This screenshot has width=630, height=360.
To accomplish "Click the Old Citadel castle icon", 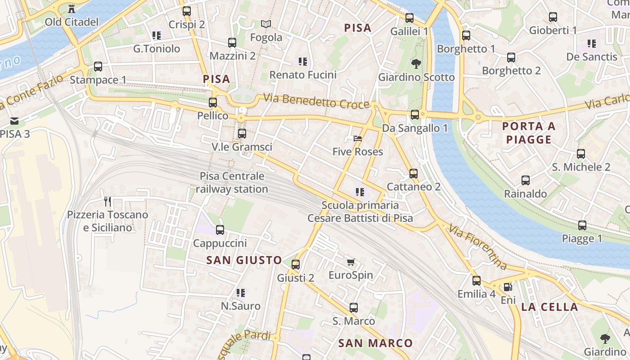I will pos(71,8).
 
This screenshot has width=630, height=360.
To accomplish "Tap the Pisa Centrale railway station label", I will pos(232,183).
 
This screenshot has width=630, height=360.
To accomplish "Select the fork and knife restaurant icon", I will pos(107,201).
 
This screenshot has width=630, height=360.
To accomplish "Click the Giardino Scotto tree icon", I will pos(416,64).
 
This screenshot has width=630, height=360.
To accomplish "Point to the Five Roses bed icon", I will pos(358,139).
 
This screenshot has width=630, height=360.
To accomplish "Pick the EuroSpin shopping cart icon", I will pos(351,262).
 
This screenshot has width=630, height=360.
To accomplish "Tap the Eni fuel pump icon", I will pos(508,287).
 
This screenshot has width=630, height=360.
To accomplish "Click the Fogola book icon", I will pos(266,24).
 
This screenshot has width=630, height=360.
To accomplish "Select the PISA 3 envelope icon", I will pos(14,121).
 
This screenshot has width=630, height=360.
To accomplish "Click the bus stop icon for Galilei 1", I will pos(409,18).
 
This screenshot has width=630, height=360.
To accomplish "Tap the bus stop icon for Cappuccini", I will pos(220,230).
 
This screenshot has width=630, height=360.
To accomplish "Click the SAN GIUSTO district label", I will pos(244,260).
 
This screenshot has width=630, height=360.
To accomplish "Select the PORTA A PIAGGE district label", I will pos(529,133).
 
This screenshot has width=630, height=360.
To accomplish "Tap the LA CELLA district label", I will pos(549,307).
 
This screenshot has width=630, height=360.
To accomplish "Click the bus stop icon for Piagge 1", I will pos(582,225).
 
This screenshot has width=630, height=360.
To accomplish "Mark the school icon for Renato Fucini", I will pos(302,61).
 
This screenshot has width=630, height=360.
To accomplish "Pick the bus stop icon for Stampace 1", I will pos(98,67).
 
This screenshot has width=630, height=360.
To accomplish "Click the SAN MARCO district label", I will pos(375,343).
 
